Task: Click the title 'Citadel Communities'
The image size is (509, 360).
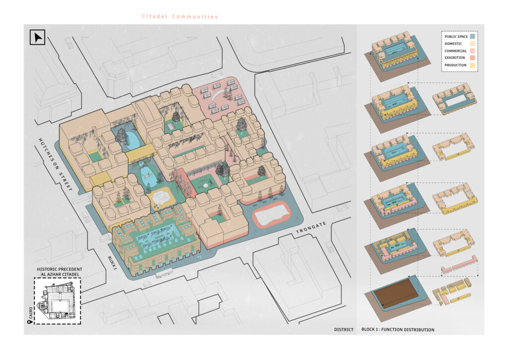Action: point(180,16)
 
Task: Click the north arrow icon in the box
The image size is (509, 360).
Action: point(37,37)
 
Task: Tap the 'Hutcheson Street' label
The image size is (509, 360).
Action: point(55,164)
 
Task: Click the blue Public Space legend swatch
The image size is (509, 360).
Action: point(472,36)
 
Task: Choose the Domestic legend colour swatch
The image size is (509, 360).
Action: point(472,43)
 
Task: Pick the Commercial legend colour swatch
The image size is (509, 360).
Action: point(472,51)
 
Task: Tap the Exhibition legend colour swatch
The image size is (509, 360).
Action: point(472,58)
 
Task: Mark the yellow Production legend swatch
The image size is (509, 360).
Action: point(472,65)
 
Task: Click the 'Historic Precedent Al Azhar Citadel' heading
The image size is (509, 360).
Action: point(60,271)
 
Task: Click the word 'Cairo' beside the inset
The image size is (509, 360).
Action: point(30,313)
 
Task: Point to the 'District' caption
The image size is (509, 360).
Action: point(344,330)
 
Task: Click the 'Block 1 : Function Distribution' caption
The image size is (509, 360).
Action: point(398,330)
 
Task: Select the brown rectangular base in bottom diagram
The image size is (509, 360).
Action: point(396,293)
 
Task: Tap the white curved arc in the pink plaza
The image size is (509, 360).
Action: point(219,94)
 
